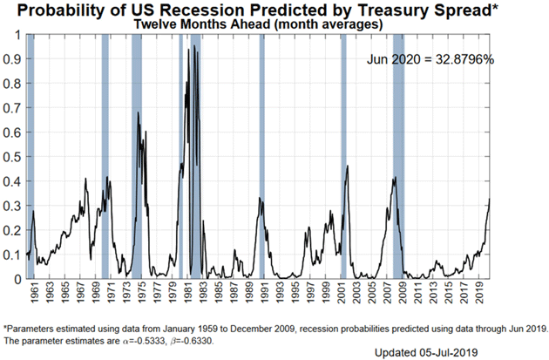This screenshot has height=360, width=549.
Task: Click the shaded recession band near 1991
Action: point(261,157)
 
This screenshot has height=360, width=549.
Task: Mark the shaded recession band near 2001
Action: point(343,157)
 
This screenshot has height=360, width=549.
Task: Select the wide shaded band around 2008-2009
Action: point(398,157)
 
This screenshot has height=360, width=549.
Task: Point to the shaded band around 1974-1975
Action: point(137,157)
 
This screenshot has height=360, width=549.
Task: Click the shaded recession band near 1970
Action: point(105,157)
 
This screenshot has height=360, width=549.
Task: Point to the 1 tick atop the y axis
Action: point(17,35)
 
